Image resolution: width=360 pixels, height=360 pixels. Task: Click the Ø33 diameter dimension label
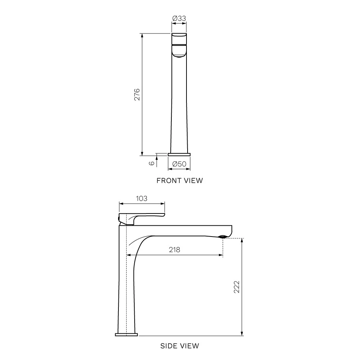tap(179, 18)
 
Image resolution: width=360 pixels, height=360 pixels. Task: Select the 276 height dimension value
tap(137, 94)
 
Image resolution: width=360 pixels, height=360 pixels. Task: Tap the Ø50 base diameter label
tap(179, 164)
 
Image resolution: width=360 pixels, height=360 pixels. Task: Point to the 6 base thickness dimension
tap(152, 163)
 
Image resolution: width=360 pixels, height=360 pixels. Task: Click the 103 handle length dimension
tap(141, 198)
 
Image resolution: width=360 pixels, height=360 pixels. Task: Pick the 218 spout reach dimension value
tap(175, 250)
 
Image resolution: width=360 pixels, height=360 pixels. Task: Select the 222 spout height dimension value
tap(236, 287)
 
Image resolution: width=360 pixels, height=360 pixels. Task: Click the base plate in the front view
tap(179, 154)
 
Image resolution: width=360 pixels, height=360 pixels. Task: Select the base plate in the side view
tap(126, 334)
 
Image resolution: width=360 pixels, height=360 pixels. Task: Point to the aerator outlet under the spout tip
tap(223, 237)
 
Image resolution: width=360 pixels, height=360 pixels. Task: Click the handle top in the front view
tap(179, 38)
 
